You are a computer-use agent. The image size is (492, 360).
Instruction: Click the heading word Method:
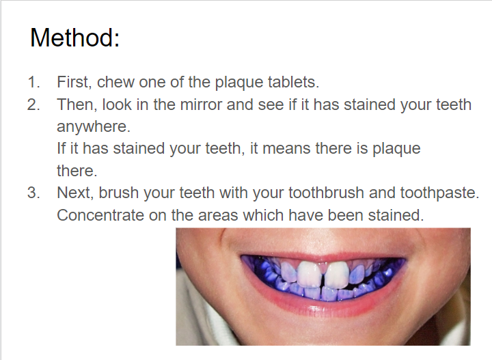click(74, 38)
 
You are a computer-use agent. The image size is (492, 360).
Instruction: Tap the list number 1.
click(33, 82)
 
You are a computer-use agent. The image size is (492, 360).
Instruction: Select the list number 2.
click(33, 105)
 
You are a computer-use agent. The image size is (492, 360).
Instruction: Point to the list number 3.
click(33, 193)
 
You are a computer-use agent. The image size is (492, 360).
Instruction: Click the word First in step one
click(74, 82)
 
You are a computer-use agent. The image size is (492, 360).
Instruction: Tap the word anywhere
click(94, 126)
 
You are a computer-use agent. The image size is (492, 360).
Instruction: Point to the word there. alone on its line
click(77, 171)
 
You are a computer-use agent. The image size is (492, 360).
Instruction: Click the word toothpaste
click(439, 193)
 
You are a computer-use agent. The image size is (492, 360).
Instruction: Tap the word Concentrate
click(100, 215)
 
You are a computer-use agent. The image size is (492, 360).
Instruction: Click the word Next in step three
click(75, 193)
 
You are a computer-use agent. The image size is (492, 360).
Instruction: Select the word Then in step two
click(77, 105)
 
